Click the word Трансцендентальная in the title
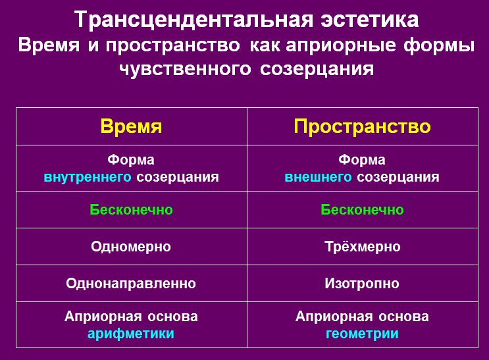(x=193, y=20)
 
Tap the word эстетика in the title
(x=370, y=20)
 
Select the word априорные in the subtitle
(x=341, y=45)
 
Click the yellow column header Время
(x=131, y=126)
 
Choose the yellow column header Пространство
(x=363, y=126)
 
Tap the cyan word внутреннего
(x=88, y=177)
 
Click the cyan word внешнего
(x=318, y=177)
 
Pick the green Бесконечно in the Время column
(x=131, y=210)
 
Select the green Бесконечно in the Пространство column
(x=363, y=210)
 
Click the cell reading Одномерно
(x=131, y=246)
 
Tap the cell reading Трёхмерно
(x=363, y=246)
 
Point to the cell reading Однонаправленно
(x=131, y=283)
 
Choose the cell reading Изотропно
(x=362, y=283)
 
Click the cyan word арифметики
(x=131, y=334)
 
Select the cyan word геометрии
(x=362, y=334)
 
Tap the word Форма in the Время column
(x=131, y=160)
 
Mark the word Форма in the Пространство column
(x=362, y=160)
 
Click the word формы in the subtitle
(x=439, y=45)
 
